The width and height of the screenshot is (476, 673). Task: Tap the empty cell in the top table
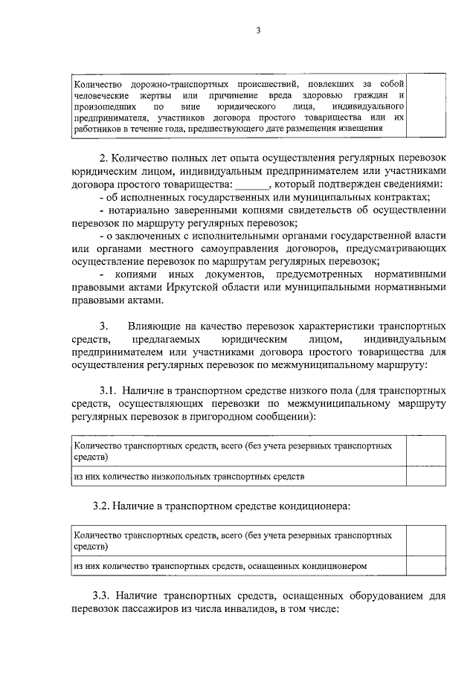click(427, 104)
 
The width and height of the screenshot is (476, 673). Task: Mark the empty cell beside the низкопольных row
click(427, 474)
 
